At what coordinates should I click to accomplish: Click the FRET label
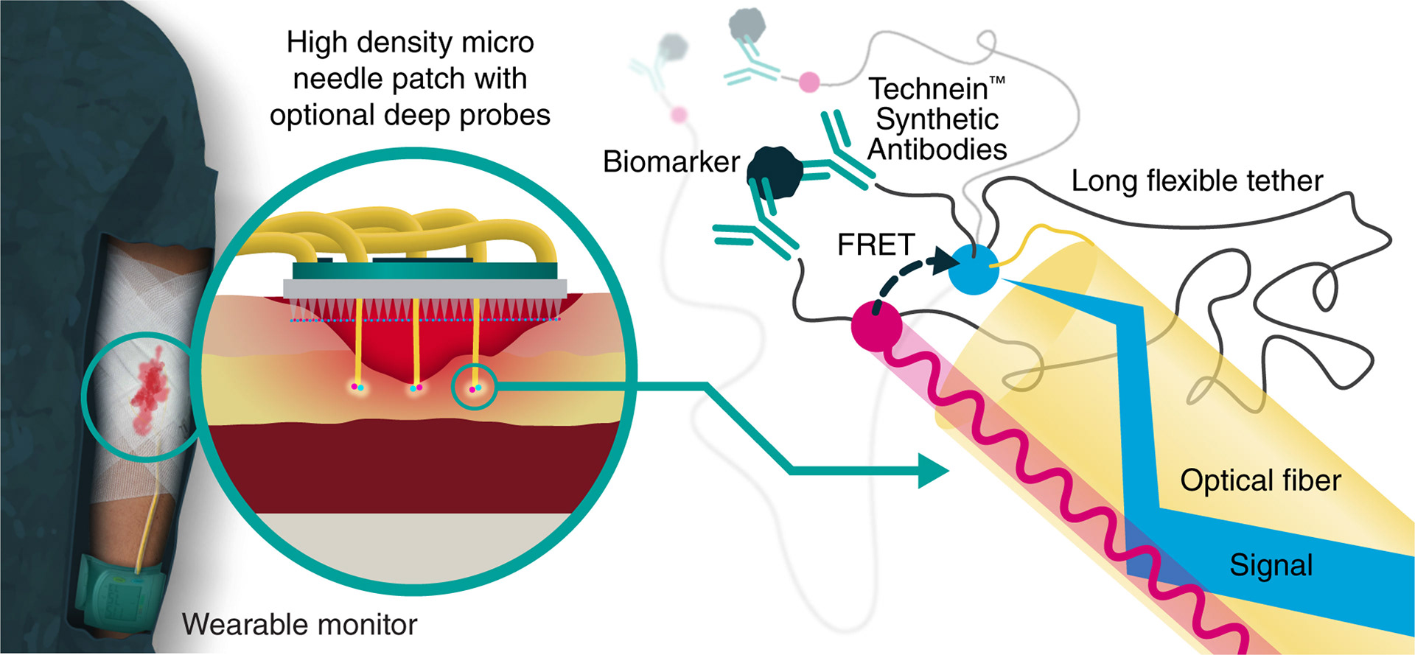click(x=876, y=245)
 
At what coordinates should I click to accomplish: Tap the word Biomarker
click(x=671, y=162)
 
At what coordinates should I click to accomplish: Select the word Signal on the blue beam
click(x=1271, y=565)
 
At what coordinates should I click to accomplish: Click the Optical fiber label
click(x=1260, y=480)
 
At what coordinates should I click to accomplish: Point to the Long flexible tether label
click(x=1197, y=181)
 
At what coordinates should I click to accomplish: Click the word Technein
click(x=928, y=89)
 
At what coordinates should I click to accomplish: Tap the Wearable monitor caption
click(x=299, y=625)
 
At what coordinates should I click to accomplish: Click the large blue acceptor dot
click(x=973, y=270)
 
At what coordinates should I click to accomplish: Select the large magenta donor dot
click(x=876, y=326)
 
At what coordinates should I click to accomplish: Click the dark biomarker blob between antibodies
click(x=774, y=172)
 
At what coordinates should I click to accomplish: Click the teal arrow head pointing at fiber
click(x=933, y=471)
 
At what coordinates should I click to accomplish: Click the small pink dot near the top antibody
click(x=809, y=82)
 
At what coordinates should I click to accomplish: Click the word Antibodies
click(x=937, y=150)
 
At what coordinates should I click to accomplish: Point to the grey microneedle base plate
click(x=425, y=289)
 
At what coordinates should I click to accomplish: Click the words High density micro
click(x=410, y=43)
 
